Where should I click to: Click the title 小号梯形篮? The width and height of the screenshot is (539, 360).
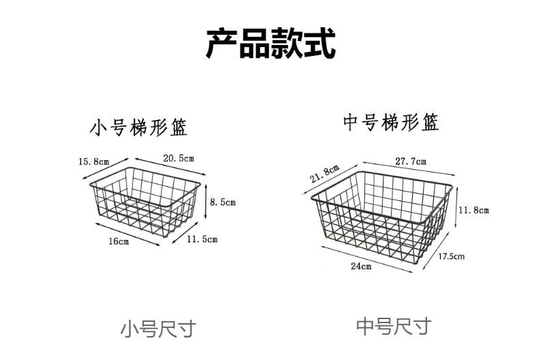coord(139,127)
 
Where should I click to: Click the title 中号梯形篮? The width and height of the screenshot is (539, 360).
coord(391,123)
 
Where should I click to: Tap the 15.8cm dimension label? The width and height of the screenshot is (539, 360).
coord(93,162)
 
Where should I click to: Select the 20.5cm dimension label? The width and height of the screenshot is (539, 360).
coord(179,157)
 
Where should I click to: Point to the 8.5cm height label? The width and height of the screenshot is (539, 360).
coord(222,202)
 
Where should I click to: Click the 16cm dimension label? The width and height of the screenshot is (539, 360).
coord(118,241)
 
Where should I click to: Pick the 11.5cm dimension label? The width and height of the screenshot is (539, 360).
coord(202,239)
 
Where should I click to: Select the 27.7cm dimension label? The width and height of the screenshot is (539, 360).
coord(410,162)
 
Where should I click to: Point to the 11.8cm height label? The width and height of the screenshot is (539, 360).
coord(474,210)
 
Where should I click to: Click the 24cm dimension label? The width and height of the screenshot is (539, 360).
coord(361,266)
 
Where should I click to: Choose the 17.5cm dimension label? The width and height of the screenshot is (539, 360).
coord(451,256)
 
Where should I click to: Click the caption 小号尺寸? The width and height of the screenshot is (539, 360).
coord(158,329)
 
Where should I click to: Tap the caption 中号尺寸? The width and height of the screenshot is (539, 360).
coord(394,326)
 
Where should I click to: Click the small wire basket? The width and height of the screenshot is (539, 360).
coord(145,200)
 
